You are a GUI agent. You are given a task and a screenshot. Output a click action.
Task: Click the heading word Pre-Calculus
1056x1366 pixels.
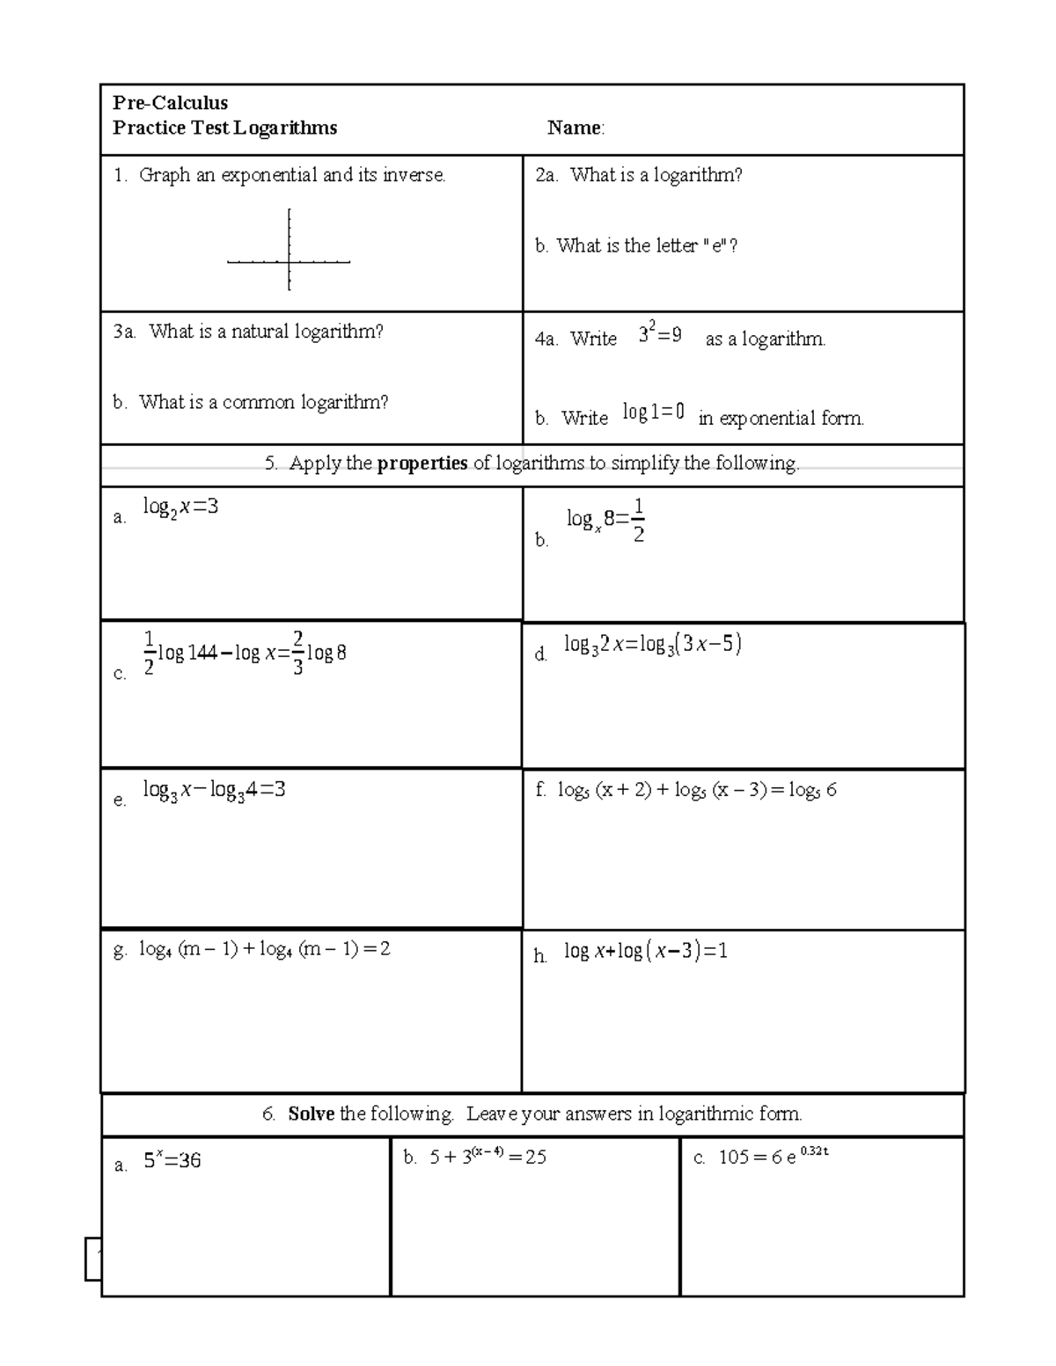170,103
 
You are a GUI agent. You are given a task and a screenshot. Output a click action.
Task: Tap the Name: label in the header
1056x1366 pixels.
576,128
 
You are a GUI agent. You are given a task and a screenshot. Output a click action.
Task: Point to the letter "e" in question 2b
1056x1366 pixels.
718,246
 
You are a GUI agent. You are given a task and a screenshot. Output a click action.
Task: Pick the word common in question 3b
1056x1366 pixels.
259,403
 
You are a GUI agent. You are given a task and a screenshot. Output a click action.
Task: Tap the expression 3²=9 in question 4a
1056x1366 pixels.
660,335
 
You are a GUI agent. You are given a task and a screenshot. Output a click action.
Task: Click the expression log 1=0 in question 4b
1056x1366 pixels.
653,412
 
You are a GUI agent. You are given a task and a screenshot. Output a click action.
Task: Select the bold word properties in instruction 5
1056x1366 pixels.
422,464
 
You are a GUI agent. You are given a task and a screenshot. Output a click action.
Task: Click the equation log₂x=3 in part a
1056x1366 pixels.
180,508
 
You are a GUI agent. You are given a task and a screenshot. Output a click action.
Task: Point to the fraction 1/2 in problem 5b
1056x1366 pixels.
638,521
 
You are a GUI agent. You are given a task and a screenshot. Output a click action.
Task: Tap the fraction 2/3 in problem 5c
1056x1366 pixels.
298,653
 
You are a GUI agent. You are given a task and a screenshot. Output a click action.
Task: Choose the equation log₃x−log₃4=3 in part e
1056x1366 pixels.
214,790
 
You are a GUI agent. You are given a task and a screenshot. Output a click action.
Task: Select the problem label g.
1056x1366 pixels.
120,950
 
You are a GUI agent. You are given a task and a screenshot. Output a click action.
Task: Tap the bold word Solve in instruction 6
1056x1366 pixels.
311,1114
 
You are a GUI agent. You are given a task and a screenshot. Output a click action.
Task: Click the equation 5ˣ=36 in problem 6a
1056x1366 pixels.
172,1161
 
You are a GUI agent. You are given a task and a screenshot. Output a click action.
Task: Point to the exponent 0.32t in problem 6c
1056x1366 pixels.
814,1151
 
